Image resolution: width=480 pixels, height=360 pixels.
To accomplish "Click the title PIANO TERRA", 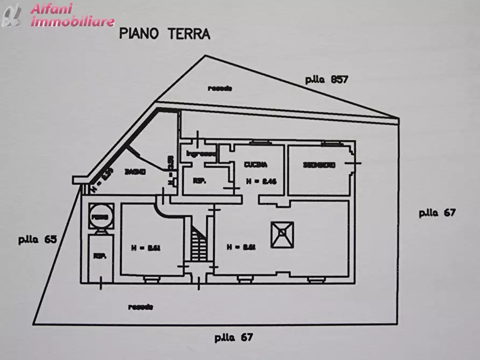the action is pos(164,34).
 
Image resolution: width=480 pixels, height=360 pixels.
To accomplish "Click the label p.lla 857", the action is pos(327,79).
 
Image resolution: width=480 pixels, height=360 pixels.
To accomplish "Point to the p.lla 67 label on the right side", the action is pos(437,212).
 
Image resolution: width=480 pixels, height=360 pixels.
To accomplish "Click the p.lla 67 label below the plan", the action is pos(233,338).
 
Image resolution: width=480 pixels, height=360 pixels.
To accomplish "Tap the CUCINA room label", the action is pos(255,164).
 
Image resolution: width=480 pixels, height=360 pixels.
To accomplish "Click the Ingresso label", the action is pos(200,154).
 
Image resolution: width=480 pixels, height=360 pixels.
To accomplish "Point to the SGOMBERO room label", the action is pos(319,164).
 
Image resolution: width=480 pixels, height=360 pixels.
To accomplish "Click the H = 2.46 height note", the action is pos(261,182).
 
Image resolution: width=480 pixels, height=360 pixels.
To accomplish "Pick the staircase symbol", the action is pos(198,242).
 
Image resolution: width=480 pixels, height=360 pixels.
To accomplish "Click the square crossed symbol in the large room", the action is pos(281,234).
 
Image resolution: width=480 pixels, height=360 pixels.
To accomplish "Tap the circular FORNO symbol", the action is pos(100,217).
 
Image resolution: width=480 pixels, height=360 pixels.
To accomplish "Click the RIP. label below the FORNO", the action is pos(99,256).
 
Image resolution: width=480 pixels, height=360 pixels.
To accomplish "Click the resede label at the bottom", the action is pos(141,307).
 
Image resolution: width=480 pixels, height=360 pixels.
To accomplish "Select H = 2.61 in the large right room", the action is pos(240,248).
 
